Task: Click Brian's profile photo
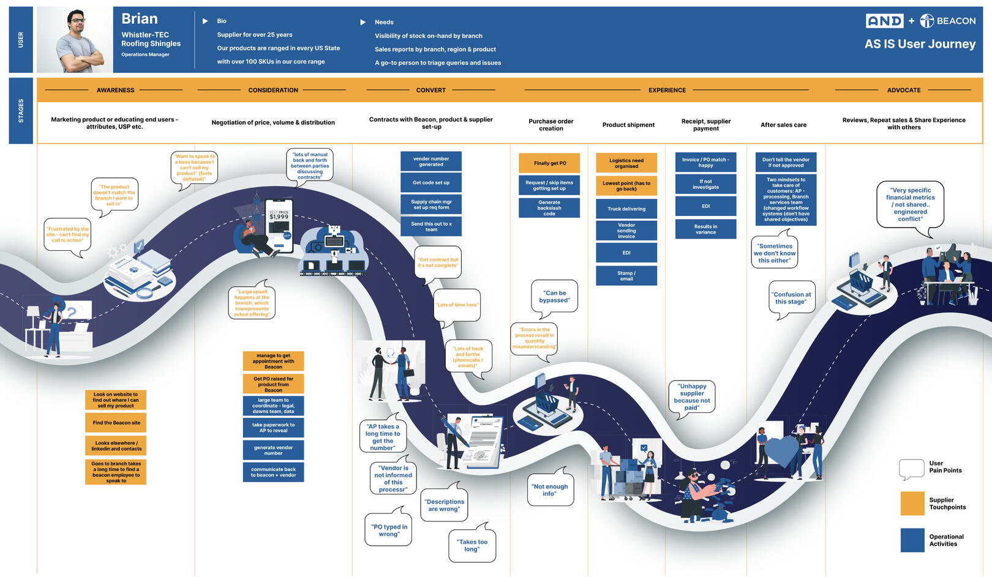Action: coord(75,40)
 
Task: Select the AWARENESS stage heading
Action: coord(115,90)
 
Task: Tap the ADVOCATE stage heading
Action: coord(903,90)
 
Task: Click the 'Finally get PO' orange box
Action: coord(549,163)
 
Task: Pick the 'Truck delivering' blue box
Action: coord(626,209)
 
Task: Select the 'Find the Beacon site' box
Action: coord(116,423)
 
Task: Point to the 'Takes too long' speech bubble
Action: coord(472,545)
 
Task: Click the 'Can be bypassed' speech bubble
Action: coord(554,297)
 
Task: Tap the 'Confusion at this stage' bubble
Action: coord(791,298)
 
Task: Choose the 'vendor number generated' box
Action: coord(431,162)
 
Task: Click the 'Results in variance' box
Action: coord(705,229)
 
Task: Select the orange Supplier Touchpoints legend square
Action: coord(912,504)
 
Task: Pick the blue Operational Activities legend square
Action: coord(912,540)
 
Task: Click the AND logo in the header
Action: coord(884,21)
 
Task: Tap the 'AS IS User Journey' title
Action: coord(920,44)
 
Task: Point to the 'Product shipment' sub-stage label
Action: coord(628,125)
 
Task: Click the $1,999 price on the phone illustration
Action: coord(279,217)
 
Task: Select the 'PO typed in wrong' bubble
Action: coord(389,530)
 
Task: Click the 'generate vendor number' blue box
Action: coord(273,450)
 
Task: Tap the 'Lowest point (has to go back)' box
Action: coord(626,186)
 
